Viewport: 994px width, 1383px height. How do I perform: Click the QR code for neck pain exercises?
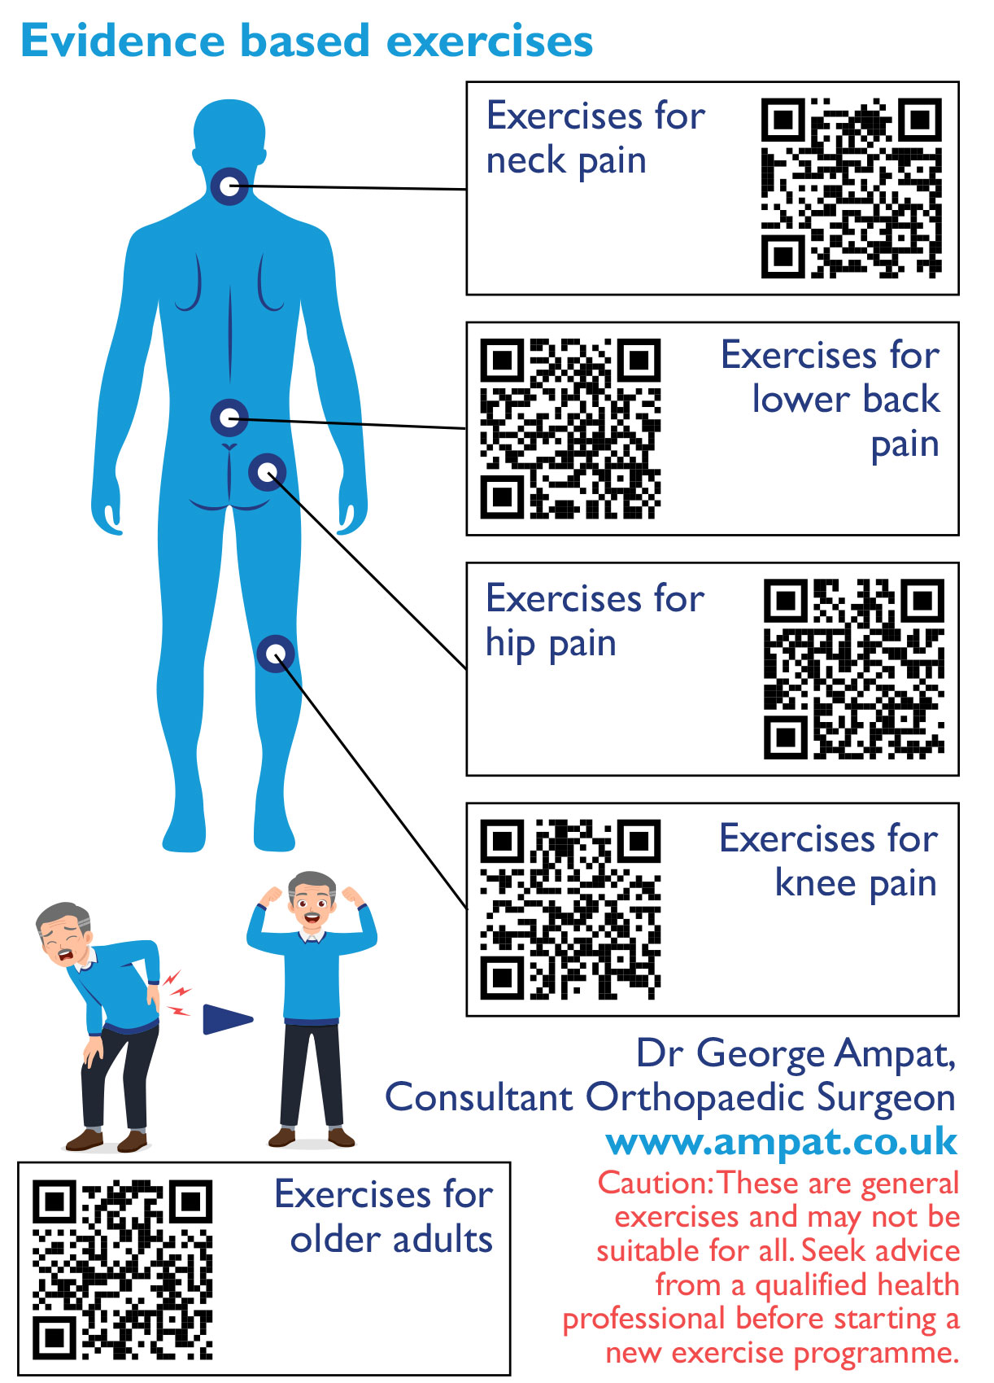pyautogui.click(x=852, y=188)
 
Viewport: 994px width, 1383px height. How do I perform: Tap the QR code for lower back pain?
pyautogui.click(x=570, y=428)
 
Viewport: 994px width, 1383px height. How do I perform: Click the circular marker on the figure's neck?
pyautogui.click(x=229, y=186)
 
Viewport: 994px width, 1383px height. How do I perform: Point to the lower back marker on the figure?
pyautogui.click(x=229, y=418)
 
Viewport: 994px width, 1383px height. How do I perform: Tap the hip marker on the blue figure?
pyautogui.click(x=267, y=472)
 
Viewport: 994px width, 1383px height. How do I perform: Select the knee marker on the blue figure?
pyautogui.click(x=276, y=653)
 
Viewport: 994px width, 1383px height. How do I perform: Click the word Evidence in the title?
pyautogui.click(x=122, y=42)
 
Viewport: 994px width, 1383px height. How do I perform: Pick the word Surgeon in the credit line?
pyautogui.click(x=886, y=1100)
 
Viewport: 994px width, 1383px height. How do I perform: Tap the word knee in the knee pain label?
pyautogui.click(x=815, y=883)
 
